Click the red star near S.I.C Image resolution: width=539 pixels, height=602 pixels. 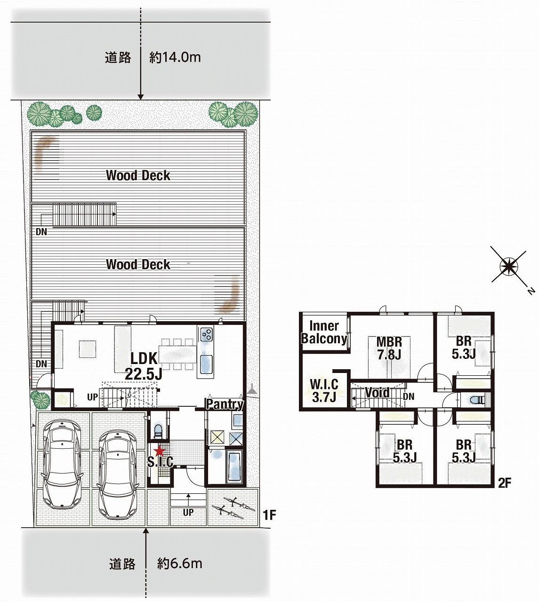tap(160, 451)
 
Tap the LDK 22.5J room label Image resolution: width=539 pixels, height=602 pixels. tap(144, 366)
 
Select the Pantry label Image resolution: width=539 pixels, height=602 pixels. tap(225, 404)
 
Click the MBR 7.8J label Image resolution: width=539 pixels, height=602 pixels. tap(389, 348)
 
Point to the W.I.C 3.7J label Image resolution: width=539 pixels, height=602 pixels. tap(324, 391)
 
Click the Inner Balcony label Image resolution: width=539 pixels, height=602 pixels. tap(324, 332)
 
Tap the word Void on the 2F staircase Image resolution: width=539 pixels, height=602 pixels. tap(377, 393)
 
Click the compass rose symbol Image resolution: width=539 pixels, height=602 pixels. tap(508, 265)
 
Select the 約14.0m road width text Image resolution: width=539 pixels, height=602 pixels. tap(175, 57)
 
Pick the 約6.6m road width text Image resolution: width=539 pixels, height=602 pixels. tap(180, 563)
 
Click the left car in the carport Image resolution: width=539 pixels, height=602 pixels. tap(62, 464)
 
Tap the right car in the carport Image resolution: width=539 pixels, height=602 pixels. tap(118, 475)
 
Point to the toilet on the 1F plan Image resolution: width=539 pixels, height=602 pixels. tap(158, 430)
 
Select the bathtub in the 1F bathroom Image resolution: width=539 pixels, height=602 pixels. tap(235, 468)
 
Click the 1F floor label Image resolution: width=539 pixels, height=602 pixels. tap(269, 515)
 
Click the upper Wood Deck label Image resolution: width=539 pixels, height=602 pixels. tap(138, 175)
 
